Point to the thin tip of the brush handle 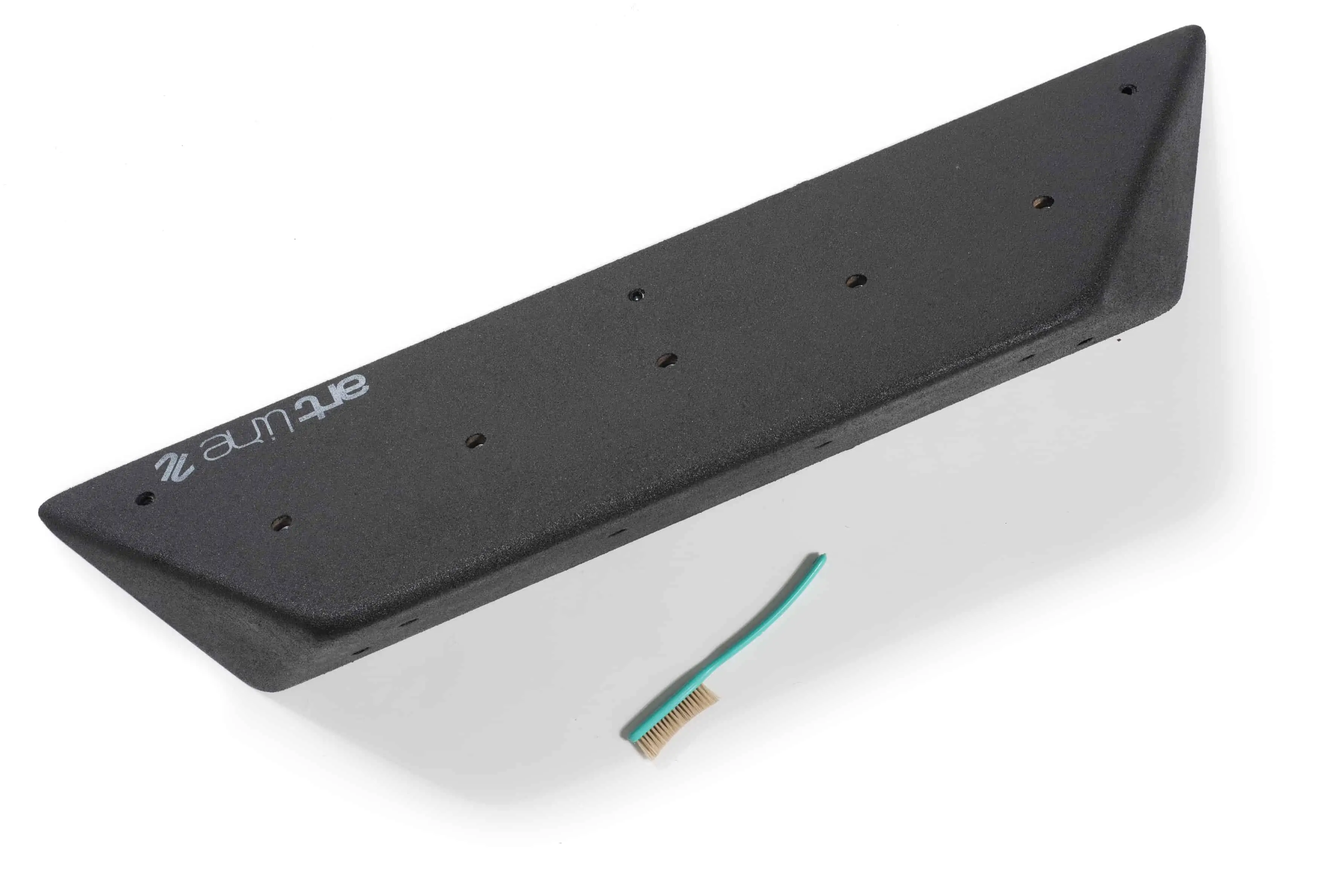coord(825,556)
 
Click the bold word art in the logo coord(334,401)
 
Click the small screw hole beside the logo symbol coord(147,498)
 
